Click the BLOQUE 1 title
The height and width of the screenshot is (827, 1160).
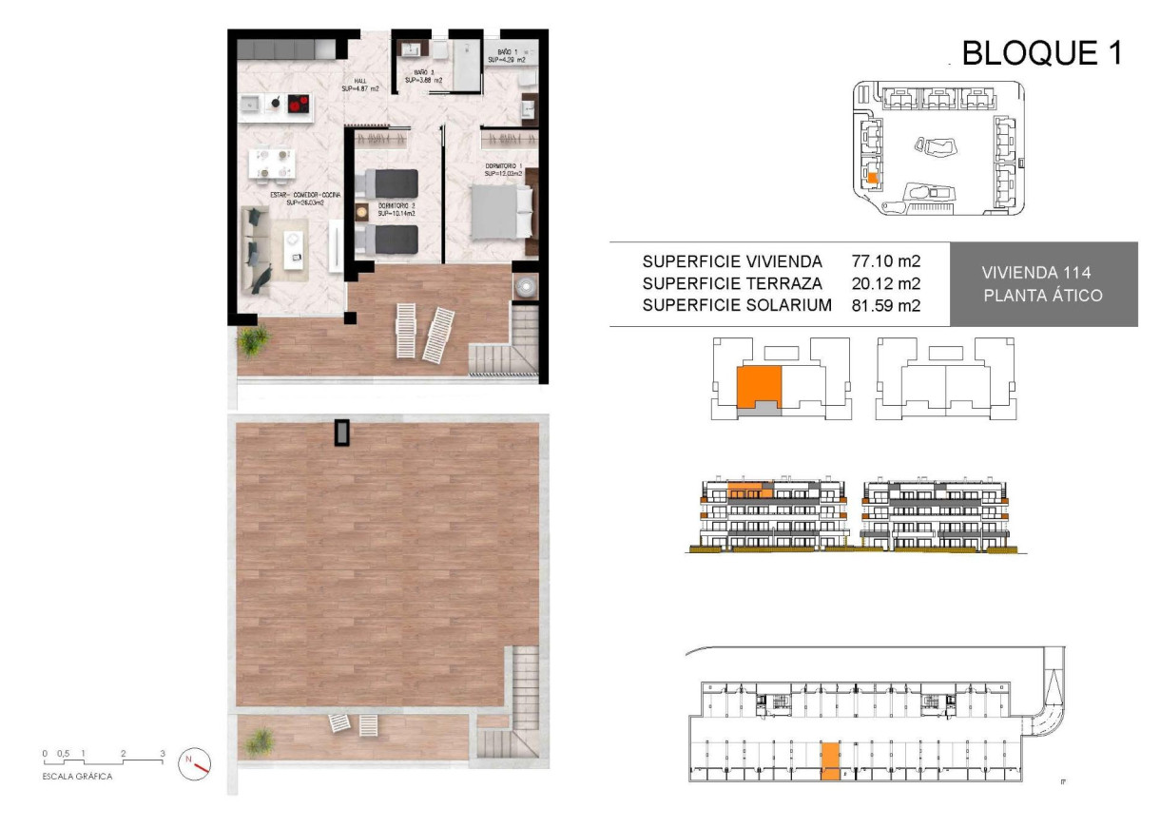point(1042,53)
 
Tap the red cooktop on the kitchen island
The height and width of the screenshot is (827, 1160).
point(299,103)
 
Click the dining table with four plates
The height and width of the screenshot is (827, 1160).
point(270,163)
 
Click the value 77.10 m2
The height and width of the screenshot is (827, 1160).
point(886,260)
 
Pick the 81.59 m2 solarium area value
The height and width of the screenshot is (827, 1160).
point(886,305)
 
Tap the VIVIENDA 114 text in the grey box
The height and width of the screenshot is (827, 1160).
point(1042,273)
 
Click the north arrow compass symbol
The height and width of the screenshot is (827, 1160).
point(195,761)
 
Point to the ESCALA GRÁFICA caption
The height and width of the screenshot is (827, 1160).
point(77,777)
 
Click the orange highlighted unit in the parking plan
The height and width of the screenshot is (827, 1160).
point(830,761)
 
